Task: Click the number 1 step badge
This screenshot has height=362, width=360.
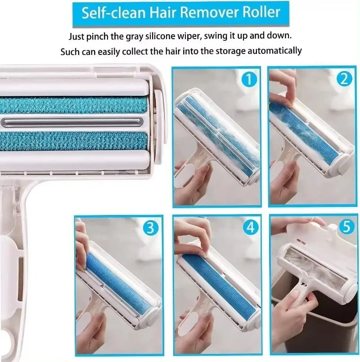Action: click(x=249, y=80)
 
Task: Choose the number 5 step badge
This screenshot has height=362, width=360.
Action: click(x=346, y=227)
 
